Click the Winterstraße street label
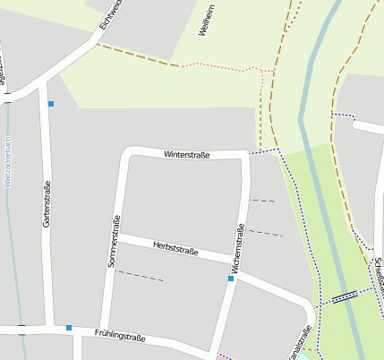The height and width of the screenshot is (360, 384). point(186,155)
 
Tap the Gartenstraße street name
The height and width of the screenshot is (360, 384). point(47,203)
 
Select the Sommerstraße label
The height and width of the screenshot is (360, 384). point(114,243)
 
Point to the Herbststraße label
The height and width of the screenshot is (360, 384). point(175,247)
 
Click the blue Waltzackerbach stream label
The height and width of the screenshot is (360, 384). point(7,161)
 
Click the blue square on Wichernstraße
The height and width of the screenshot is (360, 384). point(231,279)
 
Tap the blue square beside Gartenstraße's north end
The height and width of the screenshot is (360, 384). point(51,104)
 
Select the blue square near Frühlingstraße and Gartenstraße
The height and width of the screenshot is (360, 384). point(68,328)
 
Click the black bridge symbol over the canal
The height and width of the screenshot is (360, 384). point(345,296)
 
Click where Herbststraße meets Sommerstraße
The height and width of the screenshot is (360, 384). point(120,236)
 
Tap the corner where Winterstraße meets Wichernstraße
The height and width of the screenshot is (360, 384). point(245,156)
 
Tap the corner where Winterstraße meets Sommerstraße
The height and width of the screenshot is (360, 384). point(128,153)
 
